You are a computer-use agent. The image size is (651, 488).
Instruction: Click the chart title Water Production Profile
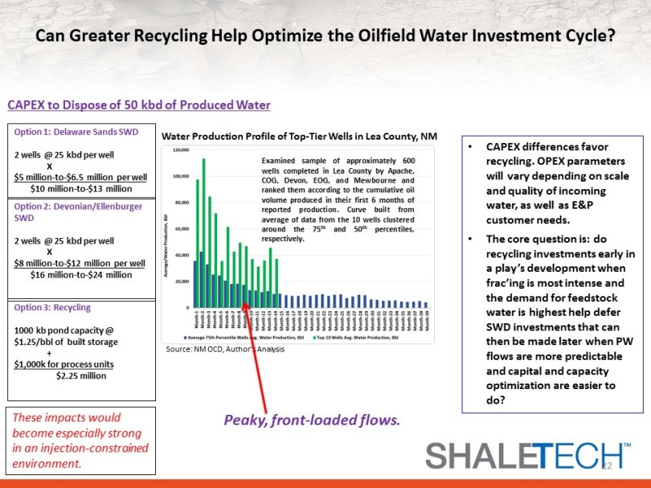(299, 137)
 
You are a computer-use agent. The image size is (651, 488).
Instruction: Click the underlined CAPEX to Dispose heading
(139, 105)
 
